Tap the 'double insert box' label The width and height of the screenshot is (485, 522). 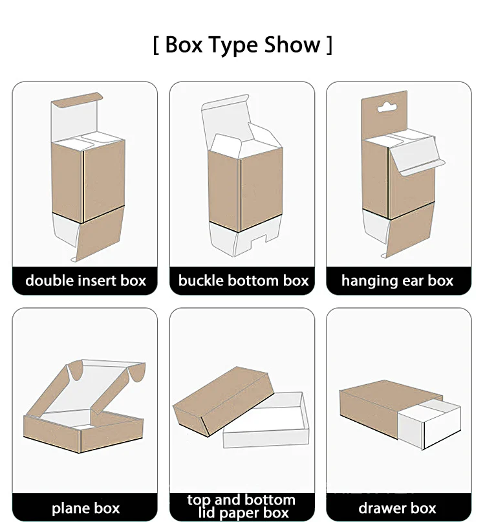85,281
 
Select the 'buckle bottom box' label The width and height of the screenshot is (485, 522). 243,281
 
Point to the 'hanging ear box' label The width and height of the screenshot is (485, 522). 398,281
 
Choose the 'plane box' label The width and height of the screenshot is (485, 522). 85,508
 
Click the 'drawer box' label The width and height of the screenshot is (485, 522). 398,508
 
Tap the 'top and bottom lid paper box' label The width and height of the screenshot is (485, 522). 241,506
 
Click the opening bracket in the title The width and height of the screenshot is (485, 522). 156,46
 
